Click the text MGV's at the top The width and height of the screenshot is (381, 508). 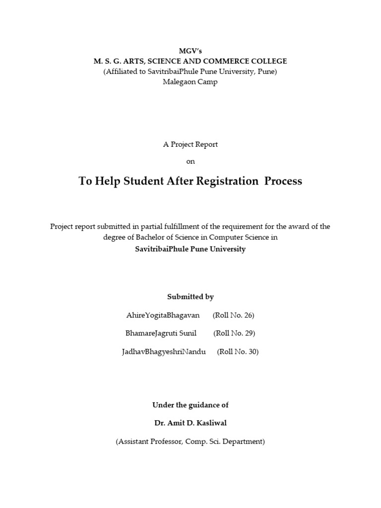(x=190, y=51)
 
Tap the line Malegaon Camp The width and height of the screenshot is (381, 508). (x=190, y=82)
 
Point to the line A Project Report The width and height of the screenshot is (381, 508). (x=190, y=144)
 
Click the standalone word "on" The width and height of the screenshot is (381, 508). (x=190, y=161)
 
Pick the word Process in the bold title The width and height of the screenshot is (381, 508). (x=283, y=181)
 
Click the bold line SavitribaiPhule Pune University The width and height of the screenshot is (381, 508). (x=190, y=249)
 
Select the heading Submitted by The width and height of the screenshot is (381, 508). (x=190, y=297)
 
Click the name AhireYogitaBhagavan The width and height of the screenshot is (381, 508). (x=163, y=316)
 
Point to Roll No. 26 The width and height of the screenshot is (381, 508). (x=233, y=316)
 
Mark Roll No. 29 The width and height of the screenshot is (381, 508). (x=234, y=333)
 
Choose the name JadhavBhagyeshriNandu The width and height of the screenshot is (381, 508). (x=163, y=352)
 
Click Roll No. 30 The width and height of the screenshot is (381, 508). (x=238, y=352)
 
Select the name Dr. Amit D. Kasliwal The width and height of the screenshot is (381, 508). (x=190, y=423)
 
